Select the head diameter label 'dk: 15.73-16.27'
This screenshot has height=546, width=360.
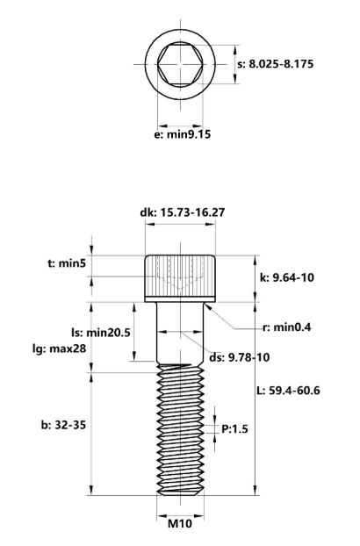click(x=180, y=212)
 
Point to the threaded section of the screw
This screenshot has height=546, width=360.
click(x=180, y=430)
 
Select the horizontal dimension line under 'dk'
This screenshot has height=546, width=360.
click(x=180, y=225)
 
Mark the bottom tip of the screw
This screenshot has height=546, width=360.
click(x=180, y=494)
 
